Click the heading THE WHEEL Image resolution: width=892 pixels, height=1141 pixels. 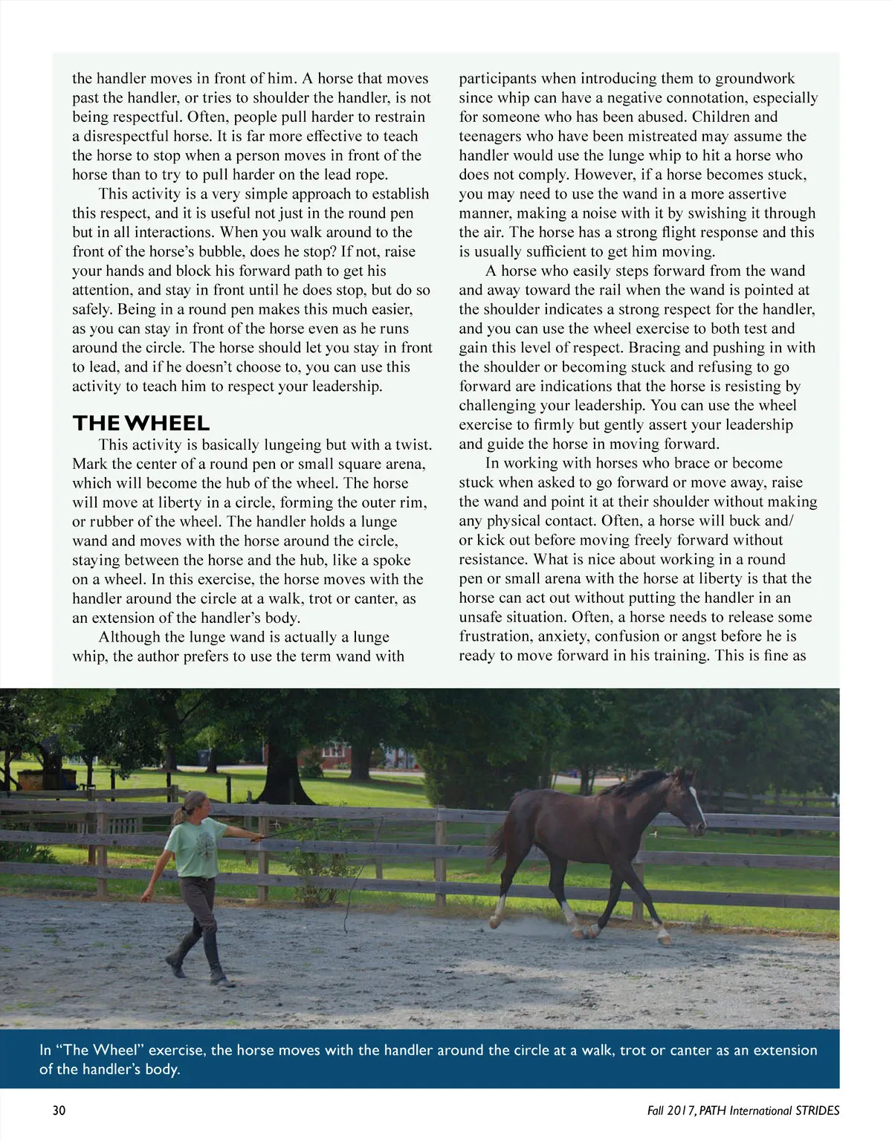(141, 423)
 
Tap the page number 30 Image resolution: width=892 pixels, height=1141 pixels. (59, 1111)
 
